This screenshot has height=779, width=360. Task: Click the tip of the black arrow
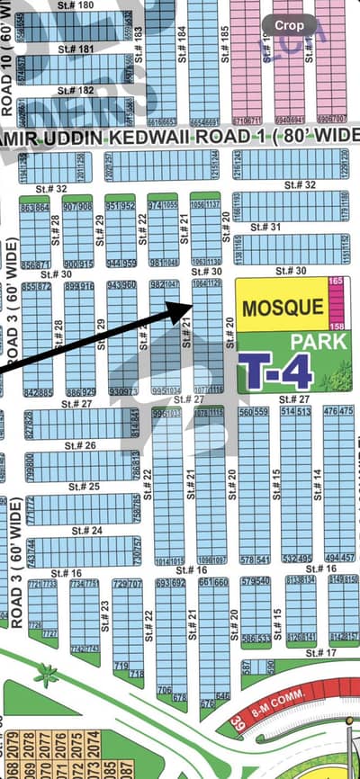tap(190, 303)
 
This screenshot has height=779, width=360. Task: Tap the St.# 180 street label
tap(75, 6)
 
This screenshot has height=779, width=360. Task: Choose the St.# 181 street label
tap(75, 49)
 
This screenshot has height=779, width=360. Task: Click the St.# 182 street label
tap(75, 91)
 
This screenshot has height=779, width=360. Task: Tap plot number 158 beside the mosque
tap(337, 324)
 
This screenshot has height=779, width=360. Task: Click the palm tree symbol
tap(45, 675)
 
